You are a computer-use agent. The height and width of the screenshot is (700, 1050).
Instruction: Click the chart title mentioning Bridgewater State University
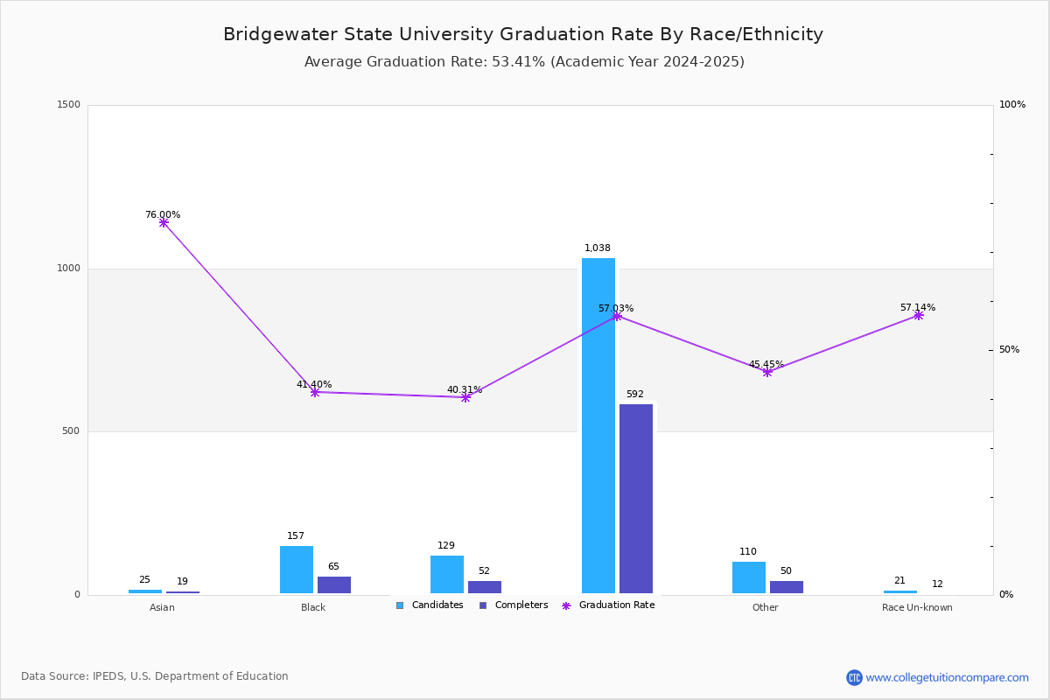point(523,34)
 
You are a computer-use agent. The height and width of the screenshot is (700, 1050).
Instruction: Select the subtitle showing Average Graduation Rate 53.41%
point(524,62)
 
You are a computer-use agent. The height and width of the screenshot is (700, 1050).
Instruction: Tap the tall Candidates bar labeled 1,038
point(598,425)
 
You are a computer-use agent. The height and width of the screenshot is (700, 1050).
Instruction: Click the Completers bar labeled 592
point(636,499)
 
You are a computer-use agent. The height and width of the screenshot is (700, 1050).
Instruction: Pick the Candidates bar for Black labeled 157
point(297,570)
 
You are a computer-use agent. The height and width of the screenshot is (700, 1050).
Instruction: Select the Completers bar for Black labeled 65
point(334,584)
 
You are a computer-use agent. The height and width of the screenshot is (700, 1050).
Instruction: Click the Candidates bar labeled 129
point(447,574)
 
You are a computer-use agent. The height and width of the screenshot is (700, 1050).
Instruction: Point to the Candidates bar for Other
point(749,577)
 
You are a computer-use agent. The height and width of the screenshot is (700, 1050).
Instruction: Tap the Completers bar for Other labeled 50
point(787,586)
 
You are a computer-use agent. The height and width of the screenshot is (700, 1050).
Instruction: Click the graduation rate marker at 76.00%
point(164,222)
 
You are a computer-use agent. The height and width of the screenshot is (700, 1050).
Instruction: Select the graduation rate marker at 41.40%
point(315,392)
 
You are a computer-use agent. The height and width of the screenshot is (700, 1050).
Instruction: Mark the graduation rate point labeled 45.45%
point(767,372)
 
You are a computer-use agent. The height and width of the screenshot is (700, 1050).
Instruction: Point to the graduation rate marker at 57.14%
point(918,315)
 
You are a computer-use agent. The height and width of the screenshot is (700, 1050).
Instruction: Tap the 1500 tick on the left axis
point(69,105)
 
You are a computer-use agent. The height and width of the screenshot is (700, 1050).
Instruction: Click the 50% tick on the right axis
point(1009,350)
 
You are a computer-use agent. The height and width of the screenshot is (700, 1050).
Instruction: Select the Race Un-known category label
point(917,607)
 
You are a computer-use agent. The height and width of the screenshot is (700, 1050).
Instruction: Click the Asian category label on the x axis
point(162,607)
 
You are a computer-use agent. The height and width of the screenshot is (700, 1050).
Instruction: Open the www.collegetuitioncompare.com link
point(947,677)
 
